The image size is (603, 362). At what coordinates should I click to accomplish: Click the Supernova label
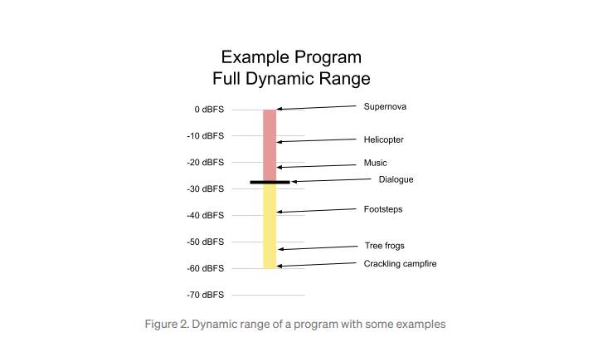click(385, 106)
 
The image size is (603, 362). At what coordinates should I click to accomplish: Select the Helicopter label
click(383, 139)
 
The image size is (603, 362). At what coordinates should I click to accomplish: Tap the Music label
click(375, 163)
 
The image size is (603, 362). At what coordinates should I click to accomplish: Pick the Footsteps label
click(383, 209)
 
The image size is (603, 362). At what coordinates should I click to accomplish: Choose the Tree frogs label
click(384, 246)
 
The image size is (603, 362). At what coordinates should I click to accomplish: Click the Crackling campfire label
click(400, 264)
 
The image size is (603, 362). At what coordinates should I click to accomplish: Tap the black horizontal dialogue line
click(270, 182)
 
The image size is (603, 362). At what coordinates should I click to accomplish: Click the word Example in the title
click(255, 57)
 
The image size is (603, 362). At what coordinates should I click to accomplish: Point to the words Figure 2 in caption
click(166, 324)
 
